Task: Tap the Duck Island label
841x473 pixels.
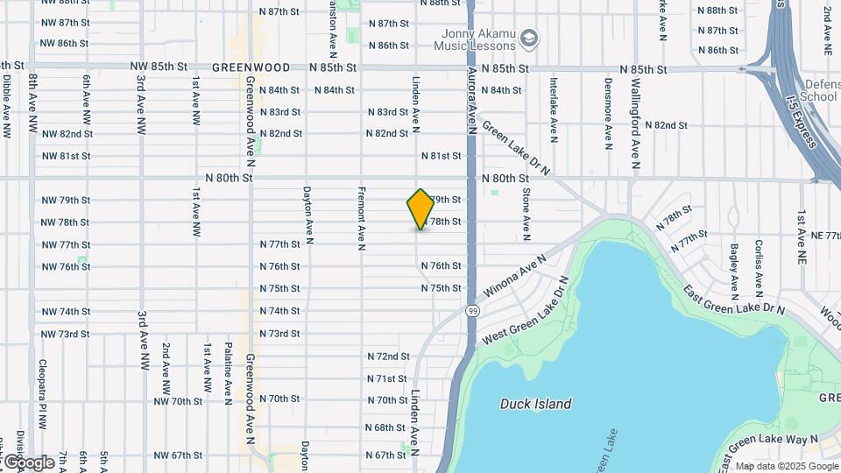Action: [x=535, y=404]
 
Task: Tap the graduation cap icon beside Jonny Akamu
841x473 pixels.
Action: [x=529, y=39]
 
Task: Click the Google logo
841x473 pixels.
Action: [x=29, y=462]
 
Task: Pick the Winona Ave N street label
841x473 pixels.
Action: [x=513, y=277]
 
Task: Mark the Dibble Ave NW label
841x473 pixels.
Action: [x=6, y=106]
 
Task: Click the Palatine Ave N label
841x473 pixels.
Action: [x=228, y=368]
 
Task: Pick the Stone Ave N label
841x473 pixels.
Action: [x=526, y=214]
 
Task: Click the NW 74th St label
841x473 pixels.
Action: [x=66, y=311]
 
